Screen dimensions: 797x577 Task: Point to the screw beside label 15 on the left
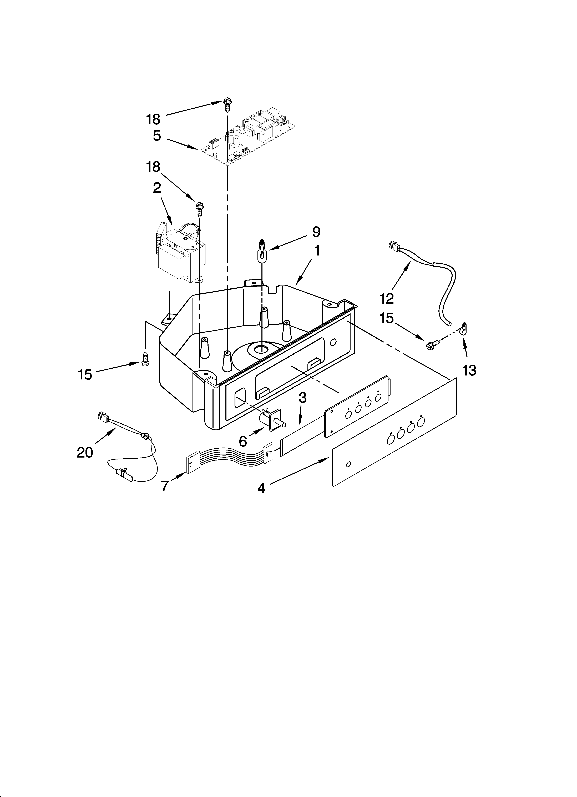(144, 358)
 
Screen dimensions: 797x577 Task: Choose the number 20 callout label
(85, 452)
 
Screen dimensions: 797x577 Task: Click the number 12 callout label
(387, 298)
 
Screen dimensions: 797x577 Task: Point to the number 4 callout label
(261, 488)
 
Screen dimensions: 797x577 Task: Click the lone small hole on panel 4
(348, 465)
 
